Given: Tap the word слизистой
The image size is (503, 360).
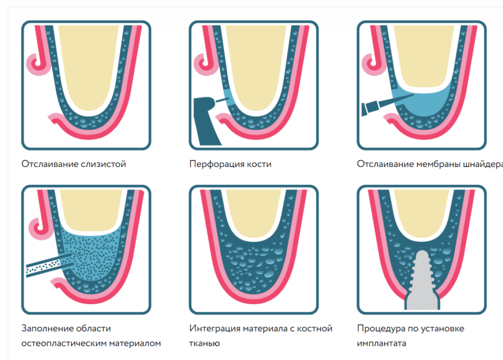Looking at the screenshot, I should point(103,164).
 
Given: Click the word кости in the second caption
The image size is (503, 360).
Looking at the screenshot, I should point(258,164).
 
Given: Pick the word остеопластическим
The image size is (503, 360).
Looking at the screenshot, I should point(65,343).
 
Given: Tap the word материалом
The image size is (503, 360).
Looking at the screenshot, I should point(137,343).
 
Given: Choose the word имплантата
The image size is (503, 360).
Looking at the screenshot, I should point(382,343).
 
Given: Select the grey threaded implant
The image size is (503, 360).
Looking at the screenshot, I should point(421,285).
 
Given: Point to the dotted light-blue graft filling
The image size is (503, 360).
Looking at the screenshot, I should point(91,250).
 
